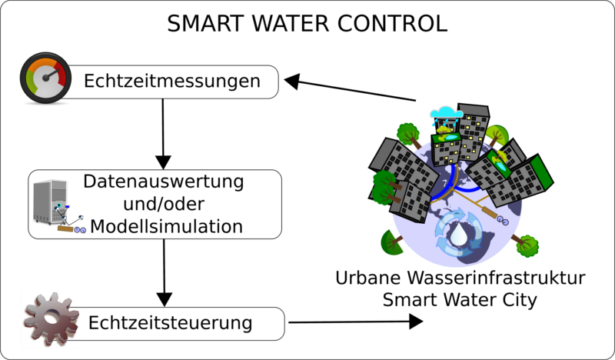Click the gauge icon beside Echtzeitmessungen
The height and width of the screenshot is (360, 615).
click(x=45, y=78)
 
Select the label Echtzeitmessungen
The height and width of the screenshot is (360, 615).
click(x=171, y=81)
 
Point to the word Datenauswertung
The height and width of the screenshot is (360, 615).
click(x=163, y=183)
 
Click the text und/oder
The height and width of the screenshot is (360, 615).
click(x=163, y=205)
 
